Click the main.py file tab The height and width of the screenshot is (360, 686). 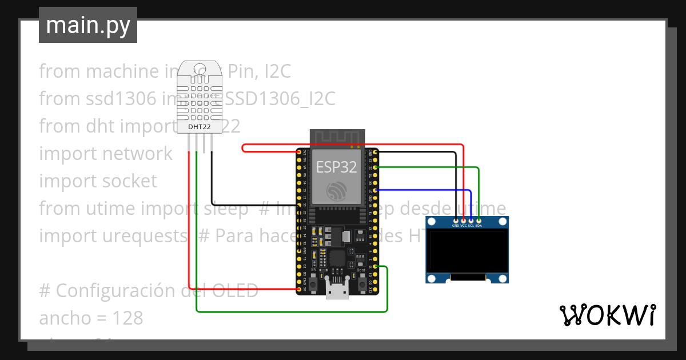coord(88,25)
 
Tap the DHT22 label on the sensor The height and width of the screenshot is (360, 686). coord(200,126)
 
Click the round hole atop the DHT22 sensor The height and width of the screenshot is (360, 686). coord(200,69)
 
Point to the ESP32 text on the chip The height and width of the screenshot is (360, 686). coord(337,167)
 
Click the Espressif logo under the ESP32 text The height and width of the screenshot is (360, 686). coord(337,191)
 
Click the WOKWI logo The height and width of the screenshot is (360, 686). coord(607,315)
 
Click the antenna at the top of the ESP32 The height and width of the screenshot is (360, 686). coord(337,138)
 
